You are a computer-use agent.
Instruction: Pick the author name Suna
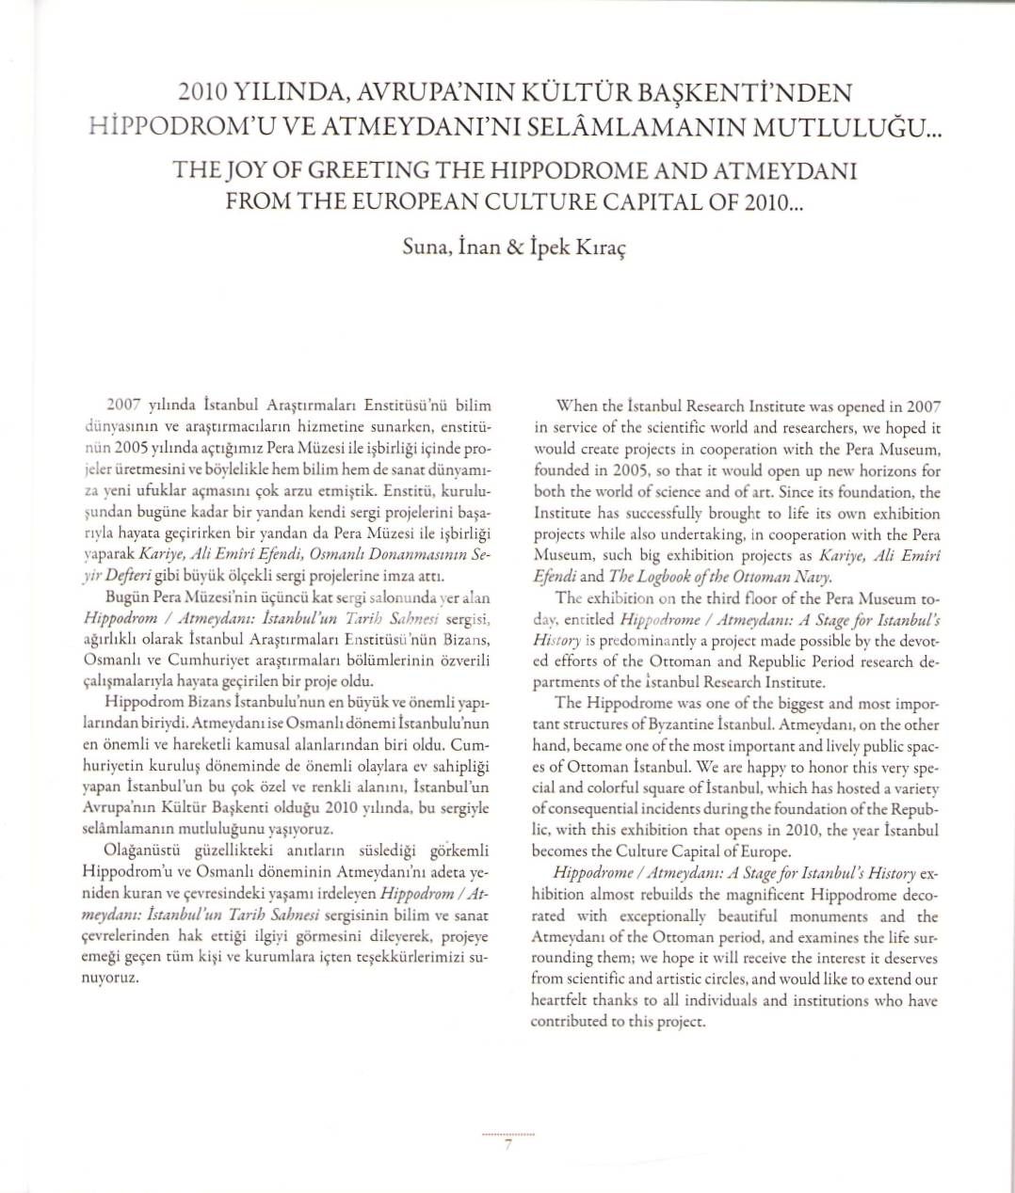point(422,247)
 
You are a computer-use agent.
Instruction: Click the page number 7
point(507,1146)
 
